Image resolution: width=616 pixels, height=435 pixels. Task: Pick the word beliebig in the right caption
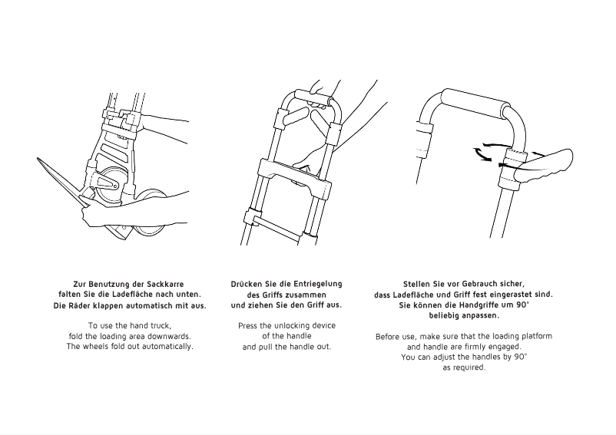pos(450,315)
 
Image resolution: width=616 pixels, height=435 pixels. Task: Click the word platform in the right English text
pos(535,337)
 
